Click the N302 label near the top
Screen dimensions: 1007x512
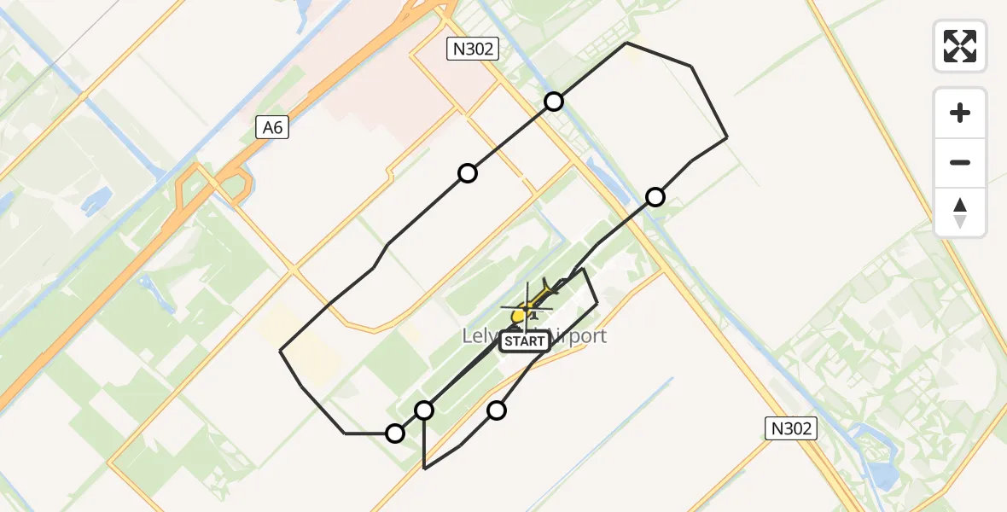pos(473,49)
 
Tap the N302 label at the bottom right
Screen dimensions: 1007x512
pos(790,428)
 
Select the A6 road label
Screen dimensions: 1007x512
pos(272,128)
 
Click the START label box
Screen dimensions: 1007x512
pos(524,341)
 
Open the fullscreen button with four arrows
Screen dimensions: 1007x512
pos(960,46)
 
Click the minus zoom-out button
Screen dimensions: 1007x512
pos(960,162)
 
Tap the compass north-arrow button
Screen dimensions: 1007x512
pos(960,212)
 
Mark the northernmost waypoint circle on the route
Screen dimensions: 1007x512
pos(554,102)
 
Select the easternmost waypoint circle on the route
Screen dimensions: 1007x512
pos(655,197)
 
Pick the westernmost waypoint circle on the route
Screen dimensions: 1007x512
pos(394,433)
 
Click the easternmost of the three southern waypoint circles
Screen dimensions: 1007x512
pos(497,410)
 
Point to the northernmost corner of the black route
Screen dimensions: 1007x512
pos(626,42)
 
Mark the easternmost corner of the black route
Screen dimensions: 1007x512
pos(727,137)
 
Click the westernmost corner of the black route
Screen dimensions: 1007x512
pos(281,351)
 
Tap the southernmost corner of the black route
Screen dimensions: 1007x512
pos(424,468)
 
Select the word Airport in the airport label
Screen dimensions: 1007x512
pos(579,335)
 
